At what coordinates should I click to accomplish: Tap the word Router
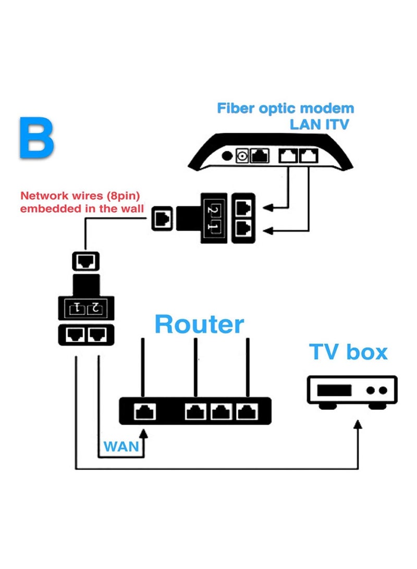[x=199, y=324]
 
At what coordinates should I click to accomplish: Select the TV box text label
[x=348, y=352]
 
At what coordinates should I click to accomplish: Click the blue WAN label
[x=121, y=446]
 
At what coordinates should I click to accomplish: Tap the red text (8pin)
[x=122, y=196]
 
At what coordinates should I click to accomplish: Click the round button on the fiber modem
[x=227, y=155]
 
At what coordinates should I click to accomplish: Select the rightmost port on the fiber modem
[x=309, y=155]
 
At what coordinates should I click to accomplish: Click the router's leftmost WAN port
[x=143, y=412]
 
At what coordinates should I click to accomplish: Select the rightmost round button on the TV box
[x=383, y=390]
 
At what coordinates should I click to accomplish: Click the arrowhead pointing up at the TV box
[x=358, y=426]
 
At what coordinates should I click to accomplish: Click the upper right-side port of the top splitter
[x=243, y=208]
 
